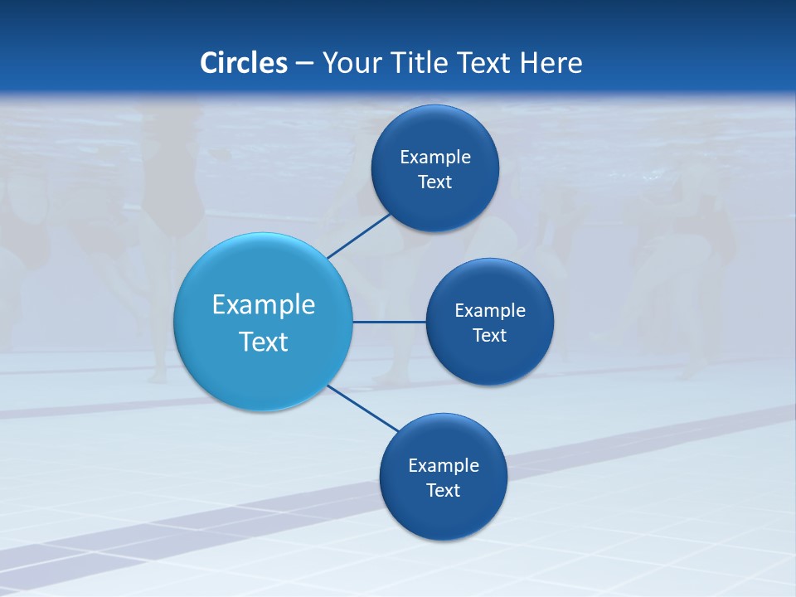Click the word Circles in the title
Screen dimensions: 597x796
[244, 63]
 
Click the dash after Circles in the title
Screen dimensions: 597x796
[304, 64]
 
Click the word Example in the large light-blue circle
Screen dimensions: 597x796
[264, 305]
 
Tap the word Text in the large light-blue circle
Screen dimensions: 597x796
[264, 342]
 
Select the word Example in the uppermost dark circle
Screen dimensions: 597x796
[435, 157]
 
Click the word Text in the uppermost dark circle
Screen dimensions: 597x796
[435, 182]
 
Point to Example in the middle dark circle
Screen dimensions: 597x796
[490, 310]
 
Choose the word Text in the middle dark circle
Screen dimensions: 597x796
[490, 335]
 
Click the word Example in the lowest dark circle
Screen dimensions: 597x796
[444, 465]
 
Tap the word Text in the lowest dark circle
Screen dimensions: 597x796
[444, 490]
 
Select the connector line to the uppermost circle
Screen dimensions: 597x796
[360, 235]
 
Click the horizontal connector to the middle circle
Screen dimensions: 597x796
[389, 322]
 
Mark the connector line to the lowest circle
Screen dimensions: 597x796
[362, 407]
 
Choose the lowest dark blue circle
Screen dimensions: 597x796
[444, 518]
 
